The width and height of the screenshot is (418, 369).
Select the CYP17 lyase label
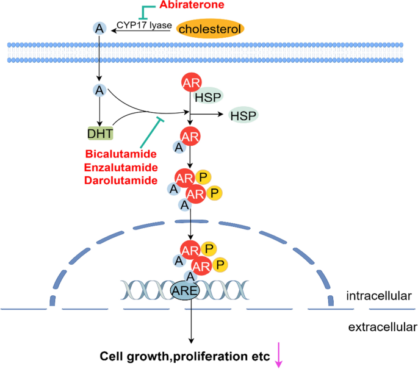(x=140, y=25)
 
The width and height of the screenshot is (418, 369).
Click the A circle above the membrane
(x=98, y=28)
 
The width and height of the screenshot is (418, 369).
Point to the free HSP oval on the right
(x=242, y=114)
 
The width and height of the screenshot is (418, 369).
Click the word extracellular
(x=382, y=328)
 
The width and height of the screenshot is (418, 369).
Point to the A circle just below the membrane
(x=98, y=91)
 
